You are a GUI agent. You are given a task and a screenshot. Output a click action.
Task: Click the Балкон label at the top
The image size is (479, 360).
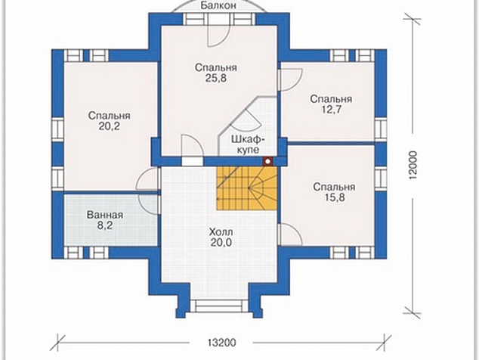[x=218, y=6]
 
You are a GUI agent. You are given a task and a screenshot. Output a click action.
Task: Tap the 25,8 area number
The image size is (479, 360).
[x=215, y=79]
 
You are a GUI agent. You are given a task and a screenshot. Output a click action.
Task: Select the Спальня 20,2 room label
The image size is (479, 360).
[x=109, y=121]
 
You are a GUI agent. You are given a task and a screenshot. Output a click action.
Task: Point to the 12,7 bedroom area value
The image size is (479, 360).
[x=331, y=109]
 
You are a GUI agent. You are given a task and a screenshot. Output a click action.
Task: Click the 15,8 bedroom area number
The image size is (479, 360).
[x=334, y=197]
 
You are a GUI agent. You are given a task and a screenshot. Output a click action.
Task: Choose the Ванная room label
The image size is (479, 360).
[x=105, y=215]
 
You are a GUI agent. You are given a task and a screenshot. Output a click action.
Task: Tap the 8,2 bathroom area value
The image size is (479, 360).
[x=105, y=225]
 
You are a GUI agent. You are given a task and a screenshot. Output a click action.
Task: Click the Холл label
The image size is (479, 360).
[x=221, y=231]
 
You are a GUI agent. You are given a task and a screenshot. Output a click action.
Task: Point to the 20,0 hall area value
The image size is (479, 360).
[x=221, y=242]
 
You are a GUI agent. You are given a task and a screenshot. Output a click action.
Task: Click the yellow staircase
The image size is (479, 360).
[x=247, y=188]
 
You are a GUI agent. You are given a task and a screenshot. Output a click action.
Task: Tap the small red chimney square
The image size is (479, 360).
[x=268, y=161]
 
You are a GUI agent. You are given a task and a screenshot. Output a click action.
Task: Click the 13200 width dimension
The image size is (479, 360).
[x=222, y=343]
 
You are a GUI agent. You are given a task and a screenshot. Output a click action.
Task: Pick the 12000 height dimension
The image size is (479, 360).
[x=413, y=165]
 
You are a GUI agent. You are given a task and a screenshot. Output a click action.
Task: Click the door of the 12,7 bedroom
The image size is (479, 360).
[x=290, y=80]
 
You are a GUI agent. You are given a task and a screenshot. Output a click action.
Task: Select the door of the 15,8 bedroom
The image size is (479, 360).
[x=290, y=234]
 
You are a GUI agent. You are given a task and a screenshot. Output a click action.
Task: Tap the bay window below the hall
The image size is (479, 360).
[x=219, y=306]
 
